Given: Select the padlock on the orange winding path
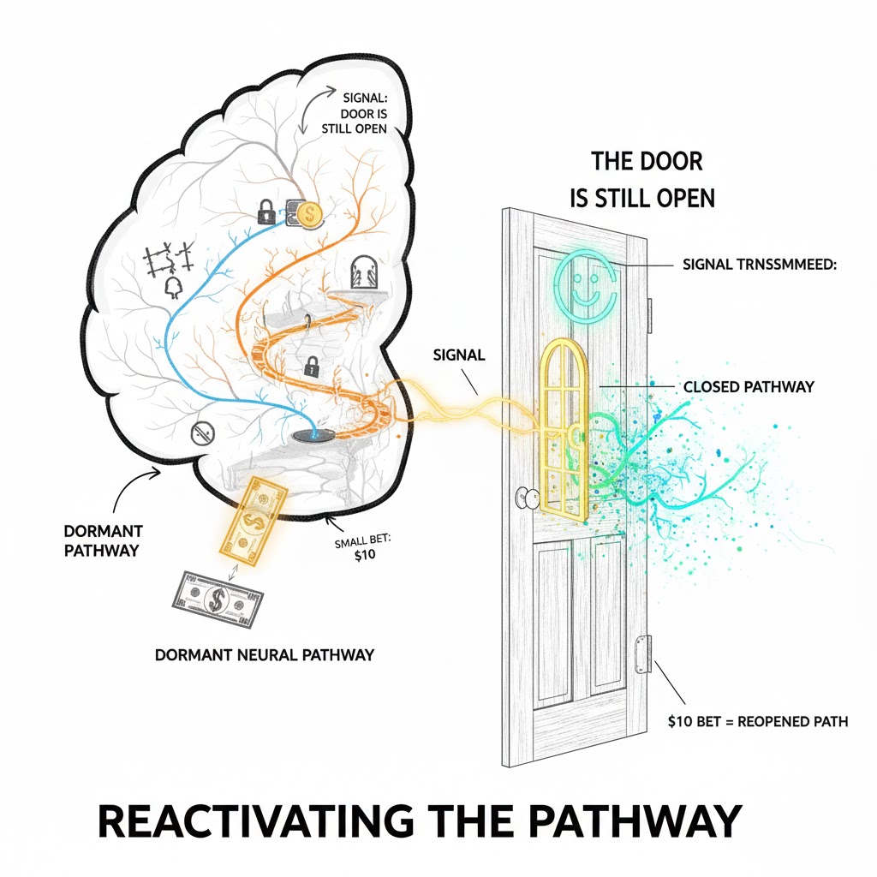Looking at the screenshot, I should coord(311,367).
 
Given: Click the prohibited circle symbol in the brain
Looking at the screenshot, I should coord(201,431).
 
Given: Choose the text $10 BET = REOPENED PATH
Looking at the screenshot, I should coord(757,721).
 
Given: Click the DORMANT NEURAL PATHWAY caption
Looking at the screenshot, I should coord(265,655).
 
